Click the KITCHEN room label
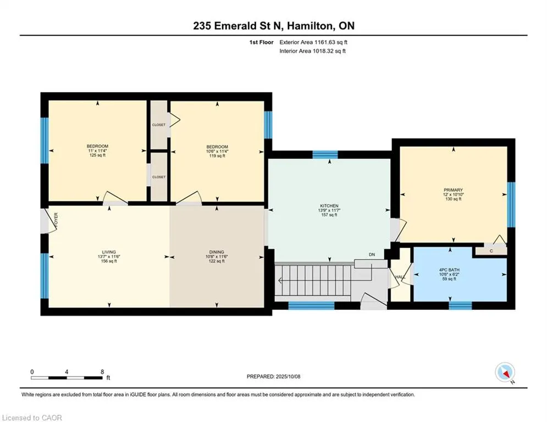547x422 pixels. [x=329, y=206]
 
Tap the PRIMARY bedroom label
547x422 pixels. [x=453, y=190]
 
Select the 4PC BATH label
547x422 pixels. [x=449, y=270]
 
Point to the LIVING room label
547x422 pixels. [x=109, y=252]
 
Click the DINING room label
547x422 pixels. [x=217, y=252]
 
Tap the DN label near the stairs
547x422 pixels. [x=372, y=254]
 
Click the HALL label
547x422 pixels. [x=400, y=277]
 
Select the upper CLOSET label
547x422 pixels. [x=159, y=125]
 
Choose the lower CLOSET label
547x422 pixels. [x=159, y=177]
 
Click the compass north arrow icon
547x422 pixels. [x=505, y=373]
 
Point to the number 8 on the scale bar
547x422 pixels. [x=102, y=372]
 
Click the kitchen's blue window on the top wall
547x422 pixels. [x=325, y=154]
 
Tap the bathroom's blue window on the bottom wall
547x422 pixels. [x=460, y=306]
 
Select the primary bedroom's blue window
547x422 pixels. [x=511, y=205]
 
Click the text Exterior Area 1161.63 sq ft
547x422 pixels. [x=313, y=42]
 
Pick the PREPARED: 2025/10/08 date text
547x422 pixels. [x=274, y=376]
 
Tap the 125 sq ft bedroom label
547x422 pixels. [x=97, y=155]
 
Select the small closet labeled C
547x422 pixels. [x=491, y=251]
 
